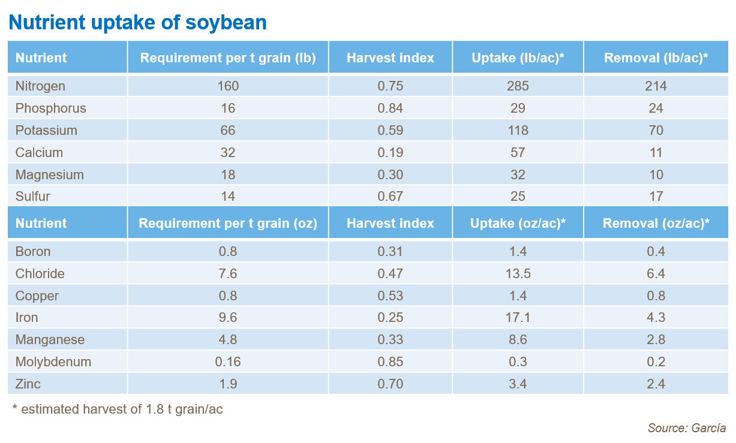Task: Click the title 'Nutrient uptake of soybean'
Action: point(137,22)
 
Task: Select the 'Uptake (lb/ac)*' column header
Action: point(518,58)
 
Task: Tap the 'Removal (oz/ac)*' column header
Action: point(656,224)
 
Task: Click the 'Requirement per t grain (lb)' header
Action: point(228,58)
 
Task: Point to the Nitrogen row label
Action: point(40,86)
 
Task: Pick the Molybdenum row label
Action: point(53,362)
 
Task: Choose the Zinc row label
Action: point(28,384)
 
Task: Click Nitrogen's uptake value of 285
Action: point(518,86)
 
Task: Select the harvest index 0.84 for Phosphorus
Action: point(390,109)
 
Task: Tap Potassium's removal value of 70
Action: point(656,131)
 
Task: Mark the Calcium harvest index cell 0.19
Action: point(390,153)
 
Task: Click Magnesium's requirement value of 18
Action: point(228,175)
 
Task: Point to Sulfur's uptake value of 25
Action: point(518,197)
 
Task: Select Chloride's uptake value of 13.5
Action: point(518,274)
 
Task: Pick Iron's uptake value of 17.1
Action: point(518,318)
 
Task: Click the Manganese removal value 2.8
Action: point(656,340)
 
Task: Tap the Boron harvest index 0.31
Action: point(390,252)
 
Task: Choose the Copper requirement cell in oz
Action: point(228,296)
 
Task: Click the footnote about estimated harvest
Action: point(118,409)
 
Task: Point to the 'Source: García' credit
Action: point(686,428)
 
